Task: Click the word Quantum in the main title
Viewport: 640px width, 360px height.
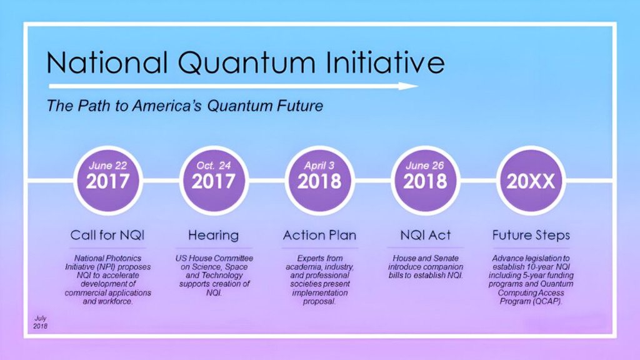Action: tap(246, 64)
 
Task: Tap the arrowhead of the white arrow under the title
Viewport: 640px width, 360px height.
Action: tap(408, 86)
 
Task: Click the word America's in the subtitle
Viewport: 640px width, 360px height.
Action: tap(167, 106)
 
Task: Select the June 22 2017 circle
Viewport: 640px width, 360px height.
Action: tap(107, 181)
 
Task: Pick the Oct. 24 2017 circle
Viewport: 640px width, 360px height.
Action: tap(214, 181)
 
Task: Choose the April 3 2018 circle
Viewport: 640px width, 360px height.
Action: tap(319, 181)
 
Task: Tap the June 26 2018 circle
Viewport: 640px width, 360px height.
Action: tap(425, 181)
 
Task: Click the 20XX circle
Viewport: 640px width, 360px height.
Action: tap(531, 181)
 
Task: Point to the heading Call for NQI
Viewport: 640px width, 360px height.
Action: tap(107, 235)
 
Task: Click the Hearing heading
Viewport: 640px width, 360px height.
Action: tap(214, 236)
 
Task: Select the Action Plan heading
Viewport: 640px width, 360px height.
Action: tap(319, 235)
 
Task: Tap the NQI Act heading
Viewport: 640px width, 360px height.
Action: tap(425, 235)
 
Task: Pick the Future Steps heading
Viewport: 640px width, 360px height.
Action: tap(531, 236)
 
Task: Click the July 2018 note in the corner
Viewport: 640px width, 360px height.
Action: tap(41, 322)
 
